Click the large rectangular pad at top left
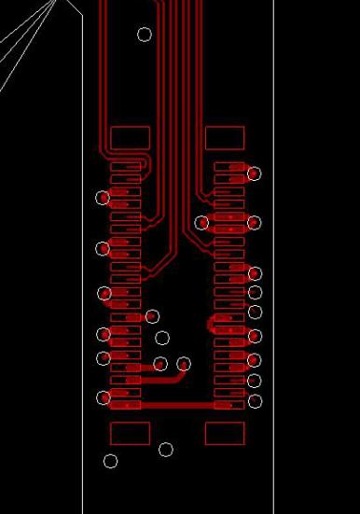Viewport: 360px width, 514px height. coord(130,138)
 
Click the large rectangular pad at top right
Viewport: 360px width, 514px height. coord(225,138)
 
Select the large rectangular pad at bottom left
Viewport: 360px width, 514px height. coord(130,433)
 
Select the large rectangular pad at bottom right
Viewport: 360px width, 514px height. coord(225,433)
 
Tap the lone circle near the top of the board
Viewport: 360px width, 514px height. coord(145,35)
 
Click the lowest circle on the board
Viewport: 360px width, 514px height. coord(110,461)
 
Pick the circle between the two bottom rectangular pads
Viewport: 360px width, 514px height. coord(166,450)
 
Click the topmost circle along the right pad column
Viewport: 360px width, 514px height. coord(254,174)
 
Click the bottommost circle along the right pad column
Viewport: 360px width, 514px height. coord(255,401)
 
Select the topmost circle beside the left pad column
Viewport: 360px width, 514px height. coord(103,198)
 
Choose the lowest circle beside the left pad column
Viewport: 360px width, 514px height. coord(104,398)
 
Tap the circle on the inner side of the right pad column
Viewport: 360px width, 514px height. coord(202,222)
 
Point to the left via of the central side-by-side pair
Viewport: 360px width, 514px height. coord(160,364)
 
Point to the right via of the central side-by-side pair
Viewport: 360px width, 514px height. coord(184,364)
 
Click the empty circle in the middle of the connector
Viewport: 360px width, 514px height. coord(162,338)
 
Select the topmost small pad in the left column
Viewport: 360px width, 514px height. coord(126,166)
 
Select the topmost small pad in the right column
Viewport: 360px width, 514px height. coord(228,166)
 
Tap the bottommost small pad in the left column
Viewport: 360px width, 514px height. coord(126,405)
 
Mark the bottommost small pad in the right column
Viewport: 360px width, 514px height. coord(228,405)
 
